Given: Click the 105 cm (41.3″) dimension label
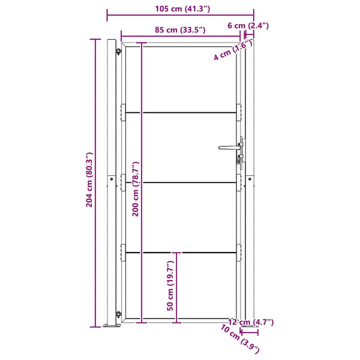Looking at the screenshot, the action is pos(182,9).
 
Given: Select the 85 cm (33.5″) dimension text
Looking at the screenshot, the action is pos(180,30).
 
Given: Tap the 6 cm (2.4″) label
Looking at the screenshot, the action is pos(248,25).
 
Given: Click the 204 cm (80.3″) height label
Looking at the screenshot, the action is pos(89,180).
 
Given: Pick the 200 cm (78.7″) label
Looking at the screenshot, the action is pos(136,189).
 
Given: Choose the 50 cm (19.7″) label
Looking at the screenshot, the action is pos(170,286).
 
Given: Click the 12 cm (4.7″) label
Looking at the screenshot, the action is pos(251,322).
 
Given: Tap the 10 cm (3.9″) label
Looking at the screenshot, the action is pos(240,339).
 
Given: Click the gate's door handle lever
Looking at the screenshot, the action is pos(229,148).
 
